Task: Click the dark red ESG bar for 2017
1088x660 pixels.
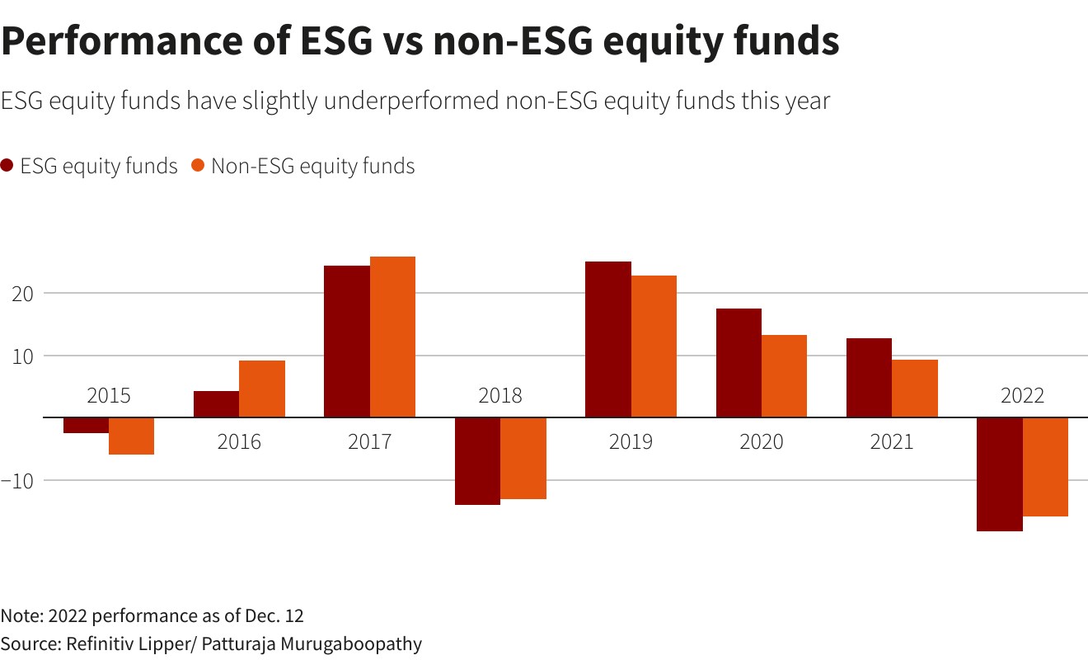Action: click(346, 341)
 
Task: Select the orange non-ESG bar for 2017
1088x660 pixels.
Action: click(392, 337)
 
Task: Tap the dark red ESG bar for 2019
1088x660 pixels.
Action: click(607, 339)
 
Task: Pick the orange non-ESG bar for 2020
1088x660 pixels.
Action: click(784, 375)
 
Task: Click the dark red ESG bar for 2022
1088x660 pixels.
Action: click(999, 474)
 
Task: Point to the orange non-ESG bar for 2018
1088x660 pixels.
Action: click(523, 458)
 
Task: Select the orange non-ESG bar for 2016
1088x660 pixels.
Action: click(262, 389)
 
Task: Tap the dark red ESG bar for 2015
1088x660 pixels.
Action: click(86, 425)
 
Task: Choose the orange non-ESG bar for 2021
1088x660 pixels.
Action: click(915, 388)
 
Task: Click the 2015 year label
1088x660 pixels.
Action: click(109, 396)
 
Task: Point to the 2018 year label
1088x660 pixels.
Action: click(500, 396)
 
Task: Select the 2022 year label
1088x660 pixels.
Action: click(1022, 396)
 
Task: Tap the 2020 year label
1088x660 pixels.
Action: click(762, 442)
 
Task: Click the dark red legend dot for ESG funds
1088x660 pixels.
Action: click(7, 166)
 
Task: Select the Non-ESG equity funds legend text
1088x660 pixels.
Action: click(312, 166)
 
